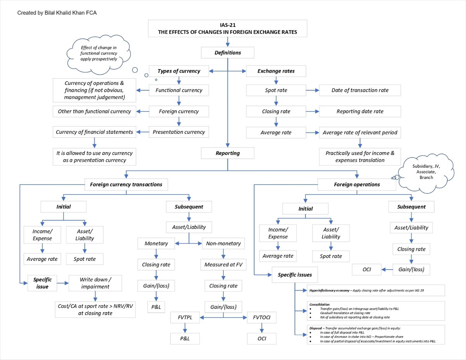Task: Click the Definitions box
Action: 228,53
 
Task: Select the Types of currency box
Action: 179,71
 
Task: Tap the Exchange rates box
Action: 276,71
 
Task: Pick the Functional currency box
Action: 179,90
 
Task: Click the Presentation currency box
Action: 179,132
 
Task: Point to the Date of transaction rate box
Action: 360,90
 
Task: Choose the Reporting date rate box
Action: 360,111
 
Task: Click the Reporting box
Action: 228,153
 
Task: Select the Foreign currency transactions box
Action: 126,184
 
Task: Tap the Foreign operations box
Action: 357,184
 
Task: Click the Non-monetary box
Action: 223,243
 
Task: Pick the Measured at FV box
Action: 223,264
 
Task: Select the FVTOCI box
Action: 262,318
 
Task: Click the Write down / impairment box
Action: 95,283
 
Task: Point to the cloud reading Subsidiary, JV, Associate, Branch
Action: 426,173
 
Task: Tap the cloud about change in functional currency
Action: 99,55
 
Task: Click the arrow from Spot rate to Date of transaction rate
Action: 313,90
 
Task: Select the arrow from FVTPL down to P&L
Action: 185,328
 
